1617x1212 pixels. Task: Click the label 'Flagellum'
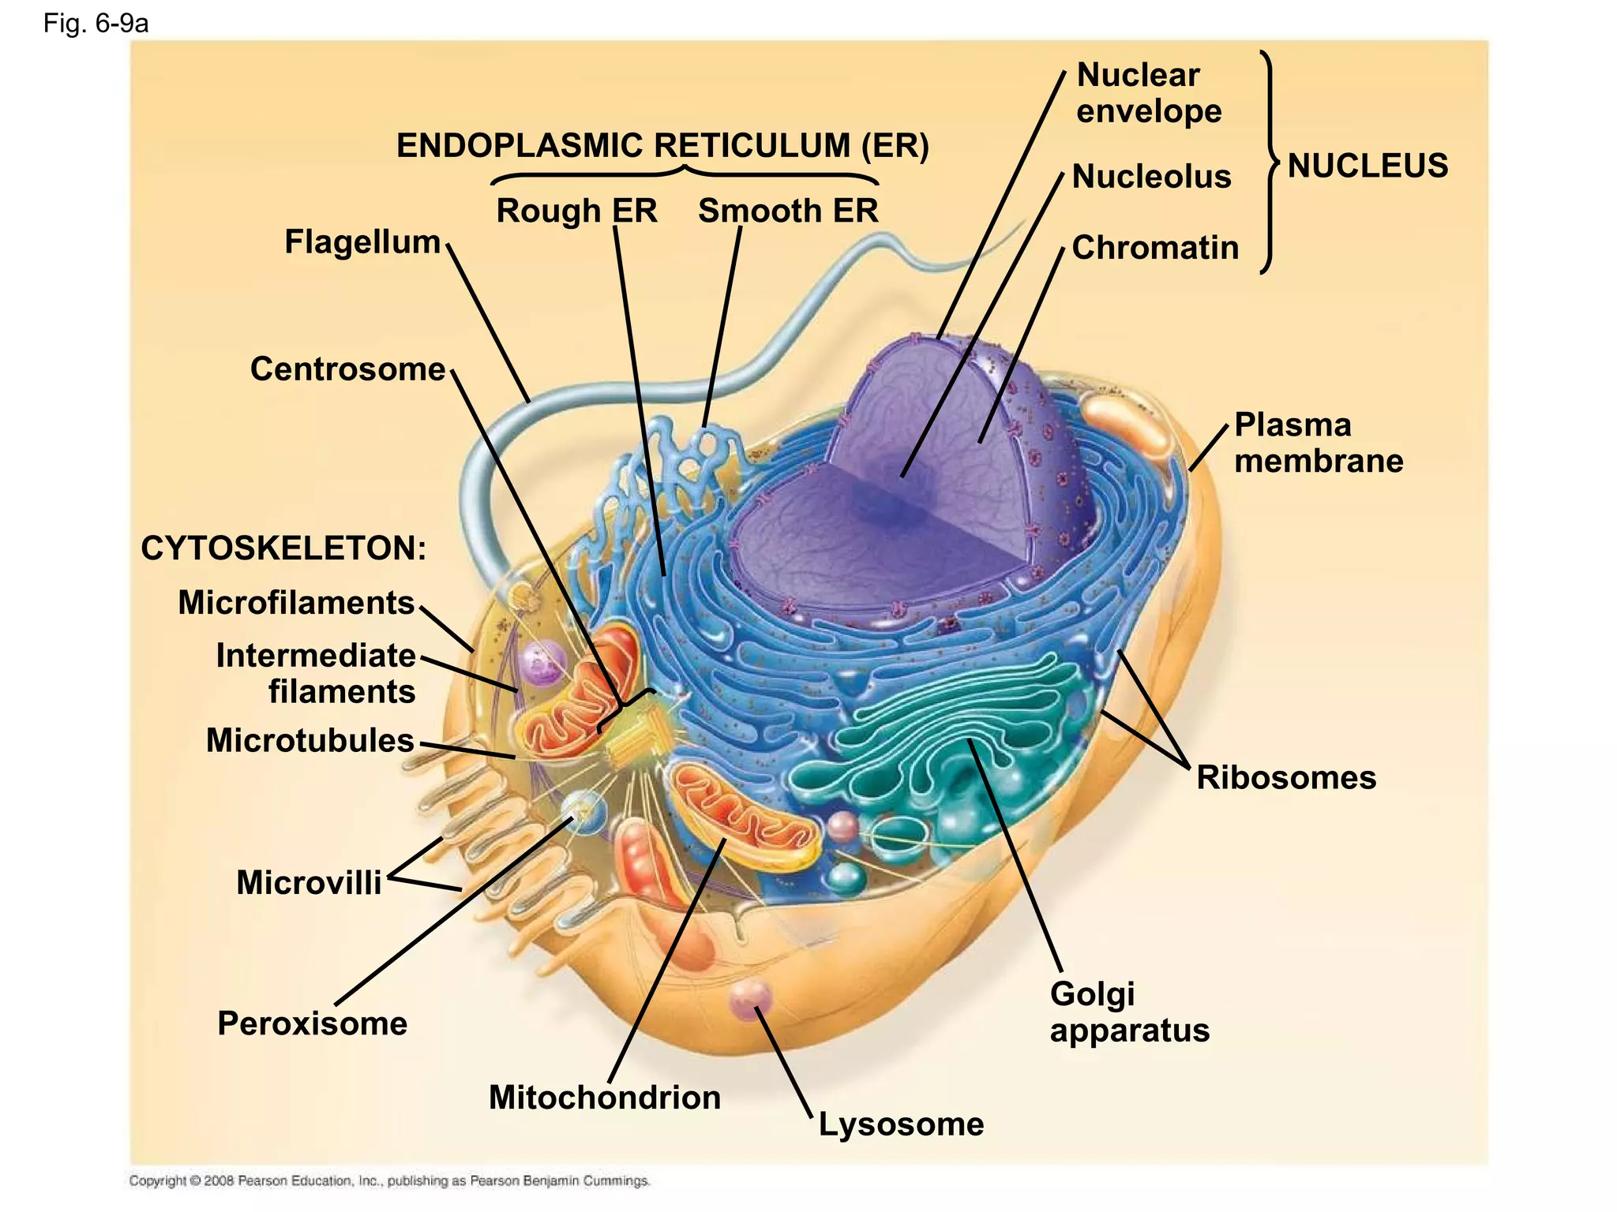click(x=362, y=242)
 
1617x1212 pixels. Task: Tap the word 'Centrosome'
click(x=347, y=369)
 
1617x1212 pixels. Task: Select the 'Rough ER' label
click(x=576, y=211)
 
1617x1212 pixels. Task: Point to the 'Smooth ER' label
click(x=788, y=211)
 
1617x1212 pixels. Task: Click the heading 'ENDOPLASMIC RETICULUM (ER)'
click(x=662, y=146)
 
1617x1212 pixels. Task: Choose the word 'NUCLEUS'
click(x=1368, y=166)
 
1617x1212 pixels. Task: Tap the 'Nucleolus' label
click(x=1151, y=177)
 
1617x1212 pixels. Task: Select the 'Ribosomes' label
click(x=1285, y=778)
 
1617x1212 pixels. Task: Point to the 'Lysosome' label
click(x=901, y=1124)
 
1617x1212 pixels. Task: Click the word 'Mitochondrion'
click(x=605, y=1098)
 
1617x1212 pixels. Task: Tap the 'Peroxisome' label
click(x=313, y=1024)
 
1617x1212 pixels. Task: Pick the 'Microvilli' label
click(x=309, y=883)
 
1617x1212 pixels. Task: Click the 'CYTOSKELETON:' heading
click(x=283, y=548)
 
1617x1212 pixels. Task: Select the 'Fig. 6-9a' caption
click(x=96, y=24)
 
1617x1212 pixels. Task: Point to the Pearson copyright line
click(x=389, y=1181)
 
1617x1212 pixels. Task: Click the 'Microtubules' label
click(x=310, y=741)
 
